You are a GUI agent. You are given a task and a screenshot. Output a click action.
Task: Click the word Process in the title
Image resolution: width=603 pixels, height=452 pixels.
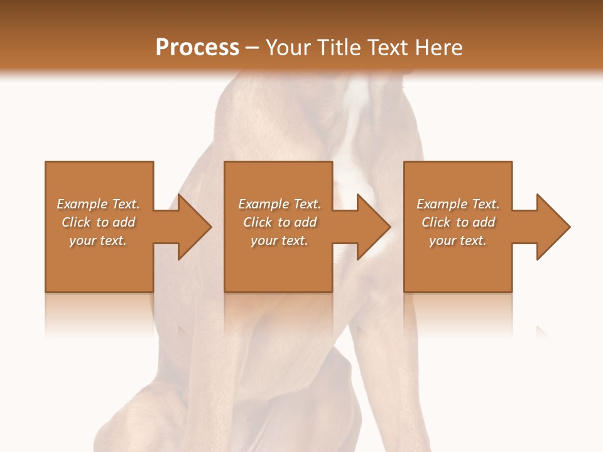tap(197, 47)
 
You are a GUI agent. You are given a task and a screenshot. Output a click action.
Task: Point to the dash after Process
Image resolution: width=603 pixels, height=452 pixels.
tap(252, 48)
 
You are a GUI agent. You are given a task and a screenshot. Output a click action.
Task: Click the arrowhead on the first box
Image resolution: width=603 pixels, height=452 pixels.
tap(194, 227)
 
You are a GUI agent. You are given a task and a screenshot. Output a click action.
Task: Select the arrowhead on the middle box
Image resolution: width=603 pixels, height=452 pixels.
tap(373, 227)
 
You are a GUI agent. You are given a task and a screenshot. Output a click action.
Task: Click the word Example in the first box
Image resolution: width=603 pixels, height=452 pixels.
tap(82, 204)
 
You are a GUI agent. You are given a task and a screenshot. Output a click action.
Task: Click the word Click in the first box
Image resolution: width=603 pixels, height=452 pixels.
tap(77, 222)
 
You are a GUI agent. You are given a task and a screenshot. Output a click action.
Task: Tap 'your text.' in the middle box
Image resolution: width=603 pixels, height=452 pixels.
tap(279, 240)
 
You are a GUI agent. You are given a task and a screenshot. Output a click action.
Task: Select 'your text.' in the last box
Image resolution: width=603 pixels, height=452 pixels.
tap(457, 240)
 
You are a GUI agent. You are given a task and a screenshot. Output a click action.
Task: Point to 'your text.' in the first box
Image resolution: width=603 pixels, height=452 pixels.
tap(97, 240)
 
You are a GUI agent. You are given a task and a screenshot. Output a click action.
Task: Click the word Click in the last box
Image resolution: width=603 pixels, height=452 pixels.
tap(436, 222)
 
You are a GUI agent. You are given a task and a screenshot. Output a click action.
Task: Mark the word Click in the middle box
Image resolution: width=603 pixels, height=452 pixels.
tap(258, 222)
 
